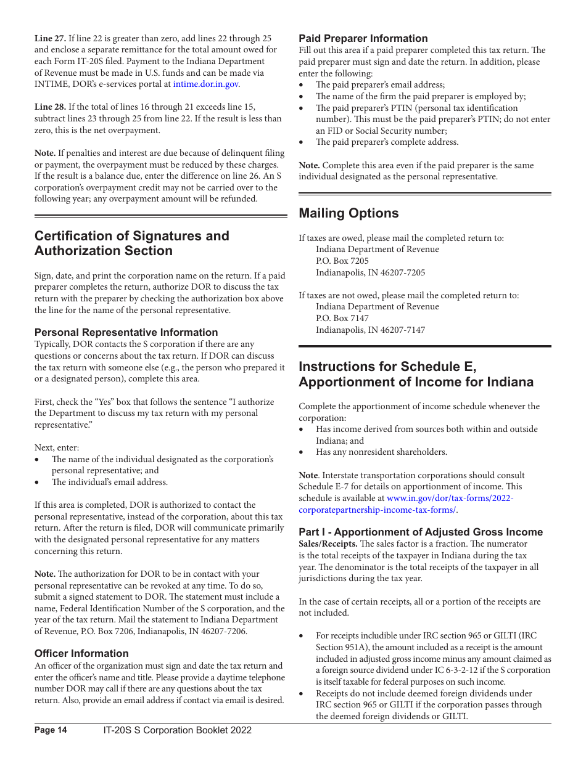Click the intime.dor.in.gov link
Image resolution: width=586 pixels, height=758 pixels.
(205, 84)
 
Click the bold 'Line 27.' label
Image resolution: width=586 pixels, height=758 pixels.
(50, 38)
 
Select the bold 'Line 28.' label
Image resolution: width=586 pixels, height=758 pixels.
(50, 107)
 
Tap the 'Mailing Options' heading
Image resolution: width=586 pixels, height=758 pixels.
(349, 213)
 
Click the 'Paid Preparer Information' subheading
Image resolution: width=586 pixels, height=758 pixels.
(363, 38)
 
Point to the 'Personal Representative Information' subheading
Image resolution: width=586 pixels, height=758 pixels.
(126, 332)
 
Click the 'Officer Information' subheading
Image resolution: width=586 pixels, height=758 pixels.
(81, 653)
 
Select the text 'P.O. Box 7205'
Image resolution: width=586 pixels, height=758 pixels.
(342, 261)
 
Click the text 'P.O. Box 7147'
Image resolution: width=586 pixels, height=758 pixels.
(342, 318)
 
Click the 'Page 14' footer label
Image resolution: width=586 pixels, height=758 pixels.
(51, 730)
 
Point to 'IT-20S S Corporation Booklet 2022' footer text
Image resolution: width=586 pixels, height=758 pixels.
(178, 730)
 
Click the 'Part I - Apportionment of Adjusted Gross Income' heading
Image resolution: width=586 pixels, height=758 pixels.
(421, 532)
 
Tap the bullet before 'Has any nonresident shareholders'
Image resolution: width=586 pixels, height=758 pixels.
(302, 452)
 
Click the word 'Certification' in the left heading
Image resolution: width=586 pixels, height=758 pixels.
(75, 236)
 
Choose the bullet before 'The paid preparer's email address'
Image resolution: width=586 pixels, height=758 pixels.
(302, 85)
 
